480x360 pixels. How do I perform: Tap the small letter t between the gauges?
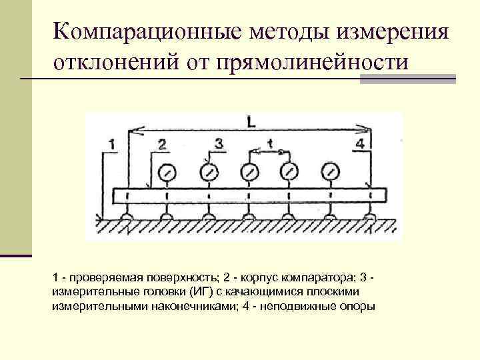click(x=269, y=143)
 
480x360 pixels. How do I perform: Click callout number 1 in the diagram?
click(x=112, y=143)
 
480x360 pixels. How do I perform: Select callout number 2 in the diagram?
click(x=162, y=144)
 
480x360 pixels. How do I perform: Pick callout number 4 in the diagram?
click(x=361, y=144)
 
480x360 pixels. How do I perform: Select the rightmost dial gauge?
click(x=329, y=172)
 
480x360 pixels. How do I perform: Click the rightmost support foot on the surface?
click(x=369, y=217)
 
